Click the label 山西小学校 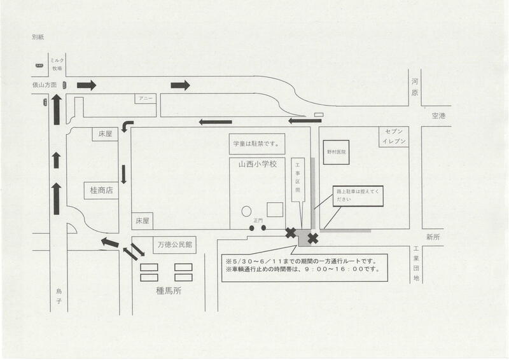click(254, 164)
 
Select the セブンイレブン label click(390, 136)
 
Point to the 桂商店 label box click(101, 190)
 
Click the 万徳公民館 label click(175, 244)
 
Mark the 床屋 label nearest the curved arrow click(105, 134)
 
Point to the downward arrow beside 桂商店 click(124, 174)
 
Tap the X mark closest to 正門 click(291, 233)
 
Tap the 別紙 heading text click(38, 37)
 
